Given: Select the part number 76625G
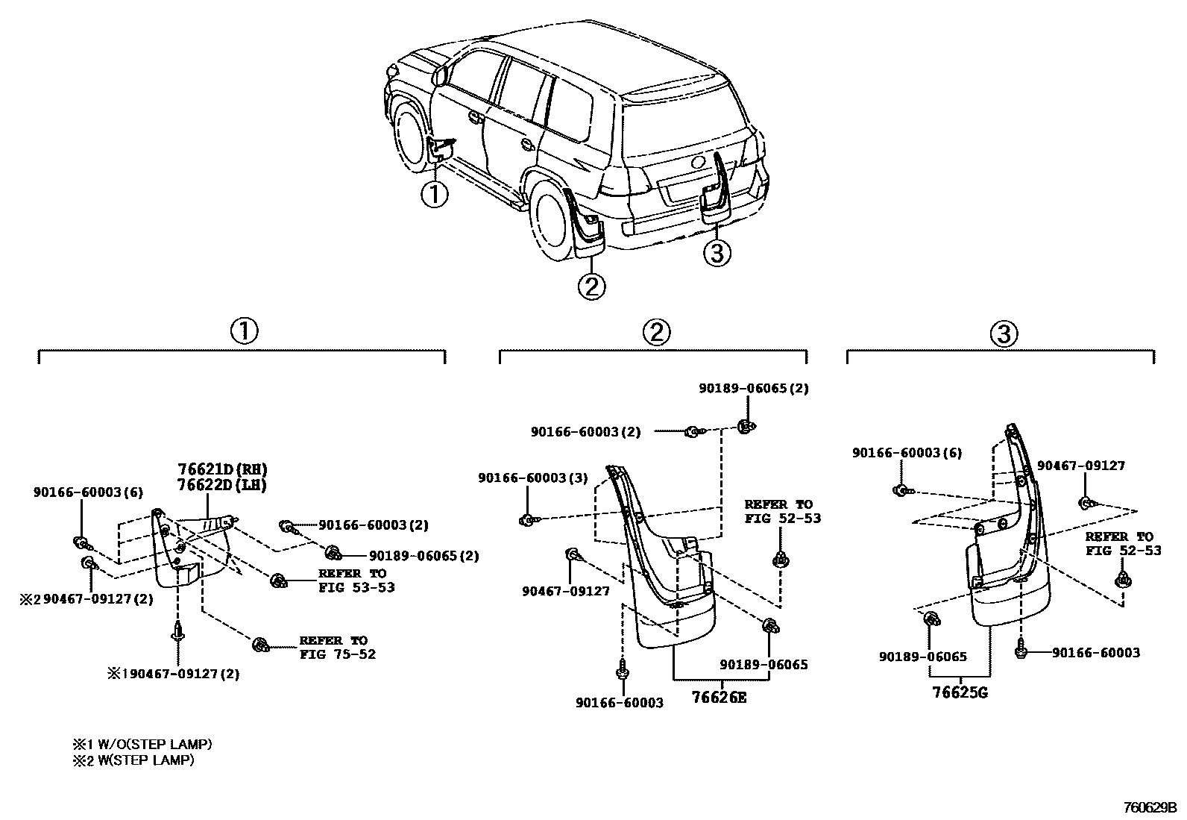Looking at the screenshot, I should [x=960, y=692].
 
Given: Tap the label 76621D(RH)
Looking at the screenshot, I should [x=222, y=469].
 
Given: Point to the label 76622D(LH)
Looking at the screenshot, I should [x=222, y=484].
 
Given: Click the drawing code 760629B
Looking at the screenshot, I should [x=1149, y=807].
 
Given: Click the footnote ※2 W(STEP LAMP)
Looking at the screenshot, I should [x=133, y=760].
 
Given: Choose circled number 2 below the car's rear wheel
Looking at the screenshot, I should [x=591, y=286].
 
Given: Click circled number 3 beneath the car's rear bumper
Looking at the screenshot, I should [x=716, y=254].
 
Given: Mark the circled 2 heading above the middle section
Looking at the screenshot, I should [x=656, y=332].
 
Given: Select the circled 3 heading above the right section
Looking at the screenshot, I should [x=1003, y=333].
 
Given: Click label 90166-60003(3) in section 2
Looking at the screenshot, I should [x=532, y=478].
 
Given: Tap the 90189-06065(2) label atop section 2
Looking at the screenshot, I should [x=753, y=388].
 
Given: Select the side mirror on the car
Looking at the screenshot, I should [x=440, y=74].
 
